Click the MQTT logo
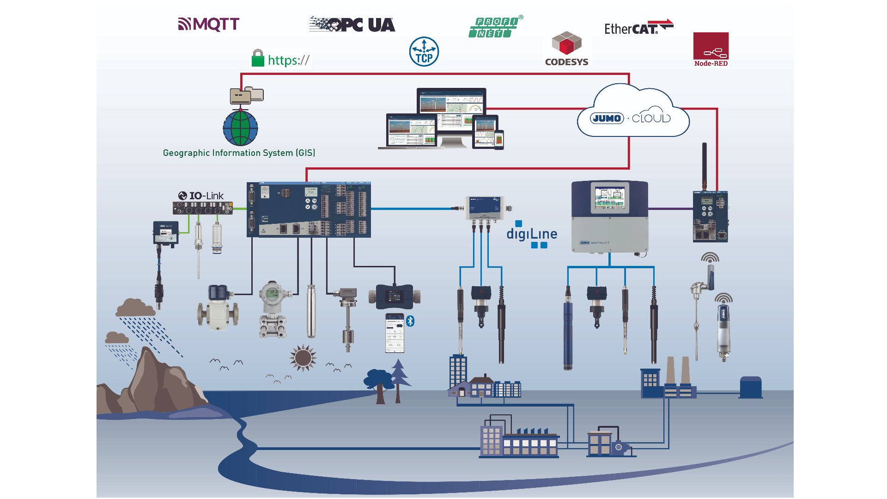(x=209, y=24)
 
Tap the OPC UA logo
(x=352, y=25)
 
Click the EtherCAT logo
(x=638, y=28)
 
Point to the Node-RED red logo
(x=711, y=49)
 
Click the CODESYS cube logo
(x=566, y=43)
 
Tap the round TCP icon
(x=424, y=52)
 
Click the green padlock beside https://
(x=258, y=59)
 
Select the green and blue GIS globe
(x=240, y=128)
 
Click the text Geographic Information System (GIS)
(x=239, y=153)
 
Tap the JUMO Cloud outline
(x=633, y=113)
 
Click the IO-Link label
(x=201, y=196)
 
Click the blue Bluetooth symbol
(x=410, y=321)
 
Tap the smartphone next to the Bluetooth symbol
(x=395, y=333)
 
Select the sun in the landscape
(x=303, y=357)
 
